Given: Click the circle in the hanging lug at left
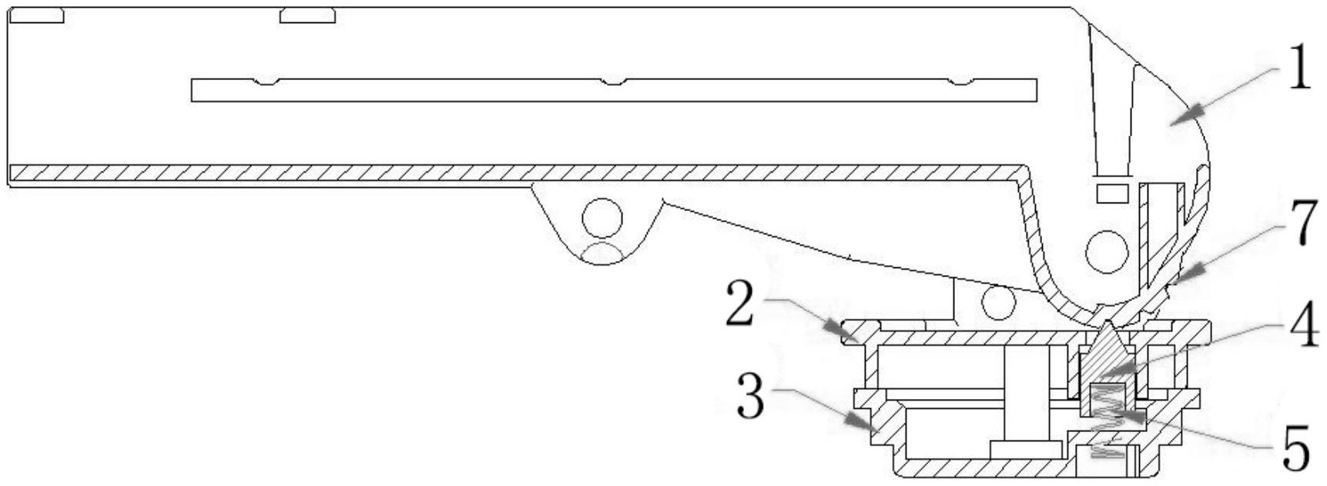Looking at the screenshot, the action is [x=602, y=219].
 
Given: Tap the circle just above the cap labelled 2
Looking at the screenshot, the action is [x=998, y=302].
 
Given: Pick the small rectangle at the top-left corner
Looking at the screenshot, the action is [x=36, y=15].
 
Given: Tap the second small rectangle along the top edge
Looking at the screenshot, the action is [x=307, y=15].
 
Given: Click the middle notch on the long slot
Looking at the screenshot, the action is [x=612, y=82].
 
